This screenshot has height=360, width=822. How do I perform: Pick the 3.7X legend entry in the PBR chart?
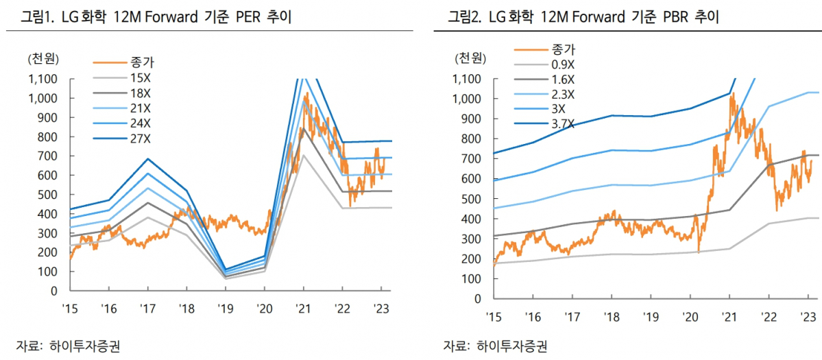pyautogui.click(x=562, y=124)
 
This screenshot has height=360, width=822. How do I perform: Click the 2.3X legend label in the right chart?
pyautogui.click(x=562, y=94)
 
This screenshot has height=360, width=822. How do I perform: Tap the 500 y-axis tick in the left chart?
pyautogui.click(x=49, y=195)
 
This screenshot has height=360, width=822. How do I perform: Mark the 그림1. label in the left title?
pyautogui.click(x=34, y=16)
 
